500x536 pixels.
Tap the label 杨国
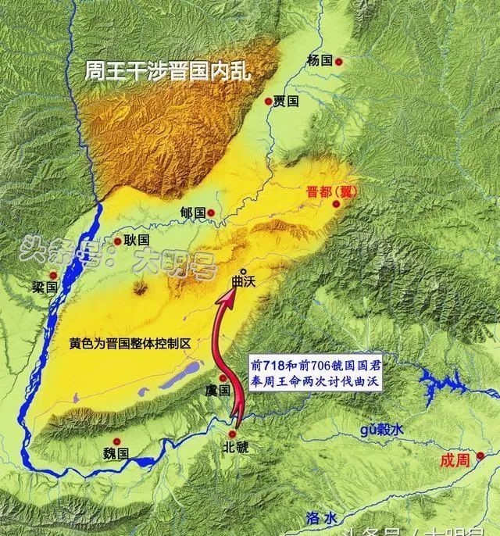320,60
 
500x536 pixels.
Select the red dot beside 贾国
269,101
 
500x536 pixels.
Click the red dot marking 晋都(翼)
337,205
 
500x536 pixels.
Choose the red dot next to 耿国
117,242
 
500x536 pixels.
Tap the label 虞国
219,389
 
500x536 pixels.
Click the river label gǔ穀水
382,430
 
